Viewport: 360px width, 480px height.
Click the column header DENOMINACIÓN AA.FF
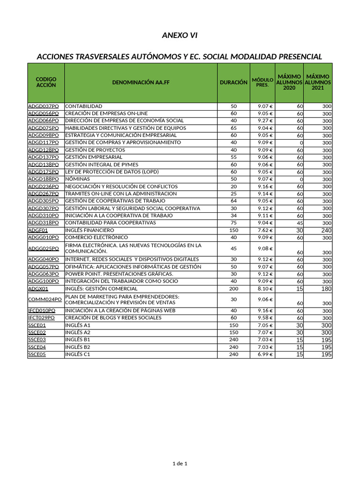coord(141,82)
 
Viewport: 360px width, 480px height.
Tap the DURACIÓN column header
coord(233,82)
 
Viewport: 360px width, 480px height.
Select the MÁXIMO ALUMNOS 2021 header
coord(317,82)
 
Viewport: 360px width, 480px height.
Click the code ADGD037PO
coord(44,106)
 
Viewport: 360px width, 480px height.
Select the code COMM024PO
coord(45,300)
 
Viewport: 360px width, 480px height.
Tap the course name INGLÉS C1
coord(77,355)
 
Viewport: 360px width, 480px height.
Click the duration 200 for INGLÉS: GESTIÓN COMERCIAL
coord(233,289)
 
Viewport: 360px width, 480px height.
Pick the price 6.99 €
coord(265,355)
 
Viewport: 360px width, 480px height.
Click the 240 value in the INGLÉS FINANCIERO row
coord(326,231)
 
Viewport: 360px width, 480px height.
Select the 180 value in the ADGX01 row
coord(326,289)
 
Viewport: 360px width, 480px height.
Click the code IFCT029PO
coord(42,318)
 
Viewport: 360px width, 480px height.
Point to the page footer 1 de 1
coord(180,464)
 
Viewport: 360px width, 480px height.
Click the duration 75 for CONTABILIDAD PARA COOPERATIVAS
coord(233,223)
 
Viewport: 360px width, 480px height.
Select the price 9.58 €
coord(265,318)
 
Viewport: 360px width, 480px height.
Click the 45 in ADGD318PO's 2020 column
coord(300,223)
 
